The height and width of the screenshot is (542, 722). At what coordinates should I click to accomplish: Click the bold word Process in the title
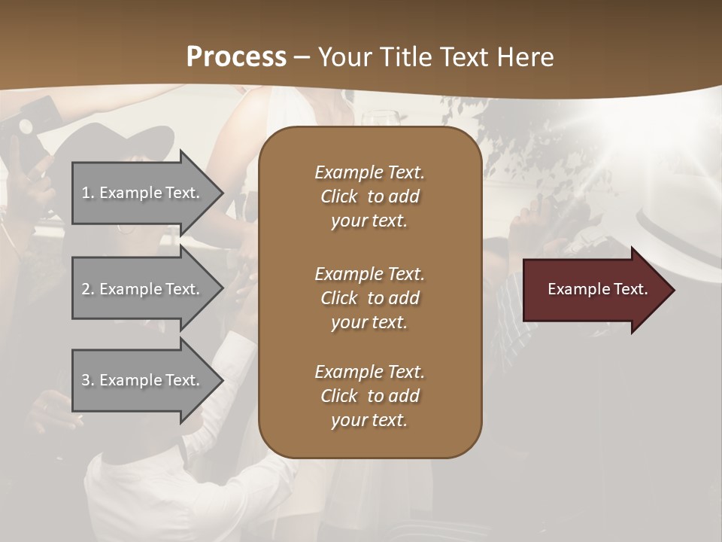(236, 57)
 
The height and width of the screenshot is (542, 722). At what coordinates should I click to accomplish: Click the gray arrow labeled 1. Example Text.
(143, 193)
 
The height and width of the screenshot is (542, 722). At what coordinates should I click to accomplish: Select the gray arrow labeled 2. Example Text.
(143, 289)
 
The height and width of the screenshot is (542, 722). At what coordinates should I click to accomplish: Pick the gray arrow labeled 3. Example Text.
(143, 380)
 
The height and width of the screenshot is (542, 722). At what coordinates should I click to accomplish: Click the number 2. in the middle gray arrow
(88, 289)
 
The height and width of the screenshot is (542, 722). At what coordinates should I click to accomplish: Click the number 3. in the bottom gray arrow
(88, 380)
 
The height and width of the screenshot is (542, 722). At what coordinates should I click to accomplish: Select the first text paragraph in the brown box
(369, 196)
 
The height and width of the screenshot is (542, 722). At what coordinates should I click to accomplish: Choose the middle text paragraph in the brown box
(369, 298)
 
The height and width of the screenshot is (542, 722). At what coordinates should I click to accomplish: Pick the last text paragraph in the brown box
(369, 396)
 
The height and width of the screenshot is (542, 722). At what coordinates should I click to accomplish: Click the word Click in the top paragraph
(339, 196)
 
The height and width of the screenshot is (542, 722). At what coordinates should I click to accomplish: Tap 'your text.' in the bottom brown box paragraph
(369, 420)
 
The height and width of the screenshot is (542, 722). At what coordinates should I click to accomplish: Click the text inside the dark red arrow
(598, 289)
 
